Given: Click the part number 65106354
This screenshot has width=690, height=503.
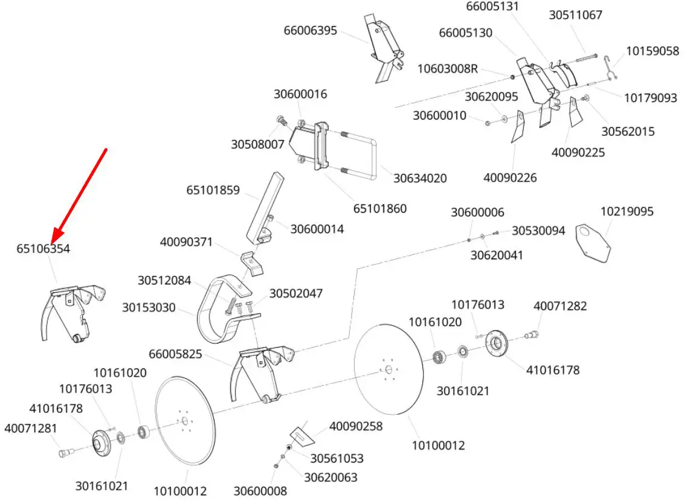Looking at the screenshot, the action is point(43,249).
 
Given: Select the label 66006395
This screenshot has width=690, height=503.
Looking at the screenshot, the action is point(310,31).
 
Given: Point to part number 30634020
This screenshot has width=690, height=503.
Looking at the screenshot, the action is point(420,179).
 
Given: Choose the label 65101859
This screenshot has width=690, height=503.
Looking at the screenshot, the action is point(213,190).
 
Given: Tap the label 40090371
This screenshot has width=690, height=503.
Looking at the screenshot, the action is point(186,242).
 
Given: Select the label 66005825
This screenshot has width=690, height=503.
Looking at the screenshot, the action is point(175,354).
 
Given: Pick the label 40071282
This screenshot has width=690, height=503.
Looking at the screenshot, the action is point(560,306).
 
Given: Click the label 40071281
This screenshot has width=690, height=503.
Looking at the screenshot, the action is point(31,428).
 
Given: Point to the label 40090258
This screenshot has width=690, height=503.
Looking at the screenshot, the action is point(356,426).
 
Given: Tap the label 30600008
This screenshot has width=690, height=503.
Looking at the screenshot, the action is point(260,491).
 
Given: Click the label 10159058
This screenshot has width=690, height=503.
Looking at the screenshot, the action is point(653,51).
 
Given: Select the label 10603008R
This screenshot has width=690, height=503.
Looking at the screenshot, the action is point(448,69).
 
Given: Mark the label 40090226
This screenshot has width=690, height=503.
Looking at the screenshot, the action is point(510,178).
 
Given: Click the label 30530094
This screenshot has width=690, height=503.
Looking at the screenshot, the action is point(538,231).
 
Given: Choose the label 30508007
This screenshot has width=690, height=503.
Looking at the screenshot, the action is point(257,145).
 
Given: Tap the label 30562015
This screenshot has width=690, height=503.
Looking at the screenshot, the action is point(628,132).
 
